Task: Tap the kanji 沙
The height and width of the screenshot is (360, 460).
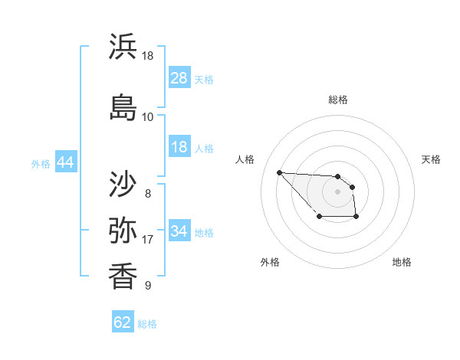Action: click(x=123, y=183)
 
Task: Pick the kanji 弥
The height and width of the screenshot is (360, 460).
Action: click(x=123, y=229)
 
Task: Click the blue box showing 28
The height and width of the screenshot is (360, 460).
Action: click(x=179, y=78)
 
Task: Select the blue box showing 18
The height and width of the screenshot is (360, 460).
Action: click(x=179, y=147)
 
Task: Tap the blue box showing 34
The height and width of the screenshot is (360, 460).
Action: click(x=179, y=231)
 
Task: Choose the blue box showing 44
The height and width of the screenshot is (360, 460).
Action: click(x=65, y=162)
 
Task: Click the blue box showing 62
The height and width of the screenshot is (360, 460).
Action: click(x=123, y=322)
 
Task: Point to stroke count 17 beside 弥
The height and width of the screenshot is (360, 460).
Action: click(x=147, y=240)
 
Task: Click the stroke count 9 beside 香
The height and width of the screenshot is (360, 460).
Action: click(x=147, y=286)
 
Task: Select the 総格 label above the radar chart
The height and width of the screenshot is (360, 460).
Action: click(x=338, y=100)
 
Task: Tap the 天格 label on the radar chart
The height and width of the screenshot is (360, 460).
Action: click(x=432, y=159)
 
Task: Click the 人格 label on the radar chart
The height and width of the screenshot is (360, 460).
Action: click(x=245, y=159)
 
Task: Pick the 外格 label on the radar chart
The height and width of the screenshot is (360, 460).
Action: click(x=270, y=263)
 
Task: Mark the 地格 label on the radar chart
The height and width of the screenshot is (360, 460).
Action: click(x=402, y=263)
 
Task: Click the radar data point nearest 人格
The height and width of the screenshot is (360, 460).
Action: click(x=279, y=172)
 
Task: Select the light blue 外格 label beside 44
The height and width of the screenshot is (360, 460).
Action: click(x=41, y=163)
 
